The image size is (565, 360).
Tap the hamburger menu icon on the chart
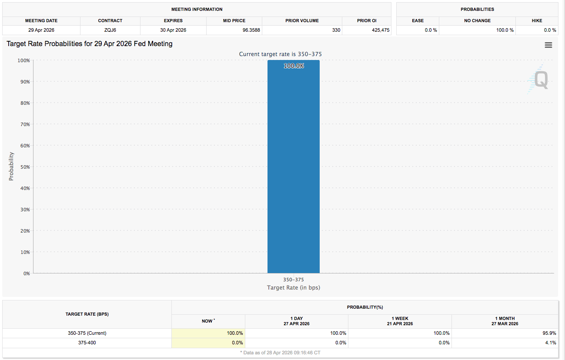(548, 45)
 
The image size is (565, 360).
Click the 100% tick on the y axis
(23, 60)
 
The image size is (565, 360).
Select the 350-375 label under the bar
(294, 280)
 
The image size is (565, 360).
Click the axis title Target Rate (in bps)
(294, 287)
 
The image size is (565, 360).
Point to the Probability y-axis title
(11, 167)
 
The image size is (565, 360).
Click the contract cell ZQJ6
(110, 30)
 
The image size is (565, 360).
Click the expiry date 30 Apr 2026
(173, 30)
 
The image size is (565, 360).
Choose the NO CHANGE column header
(477, 20)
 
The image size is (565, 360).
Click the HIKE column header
(537, 20)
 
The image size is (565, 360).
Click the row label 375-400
(87, 343)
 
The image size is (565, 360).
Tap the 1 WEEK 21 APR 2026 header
(400, 321)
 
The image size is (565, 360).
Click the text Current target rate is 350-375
(281, 54)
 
